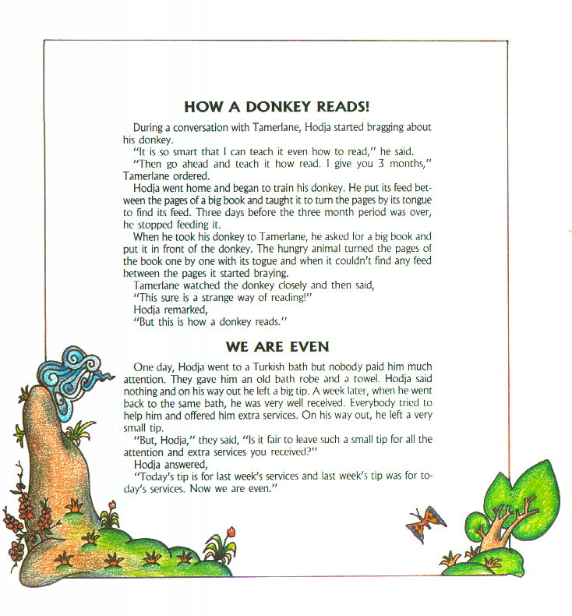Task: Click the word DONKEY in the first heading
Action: point(252,107)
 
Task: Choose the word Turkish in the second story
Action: point(275,366)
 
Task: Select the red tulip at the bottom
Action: point(230,533)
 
